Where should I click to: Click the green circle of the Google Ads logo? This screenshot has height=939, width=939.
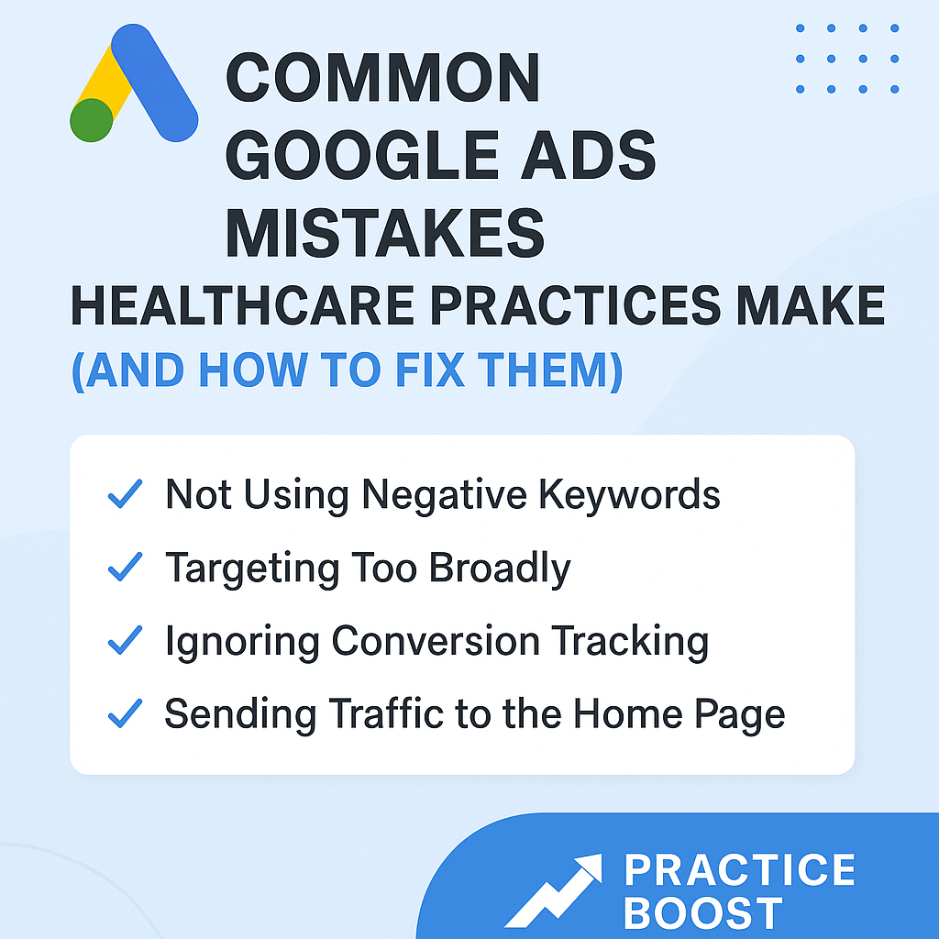[92, 120]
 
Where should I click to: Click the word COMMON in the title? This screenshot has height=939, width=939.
[382, 79]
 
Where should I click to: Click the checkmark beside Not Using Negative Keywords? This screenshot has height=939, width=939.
[125, 495]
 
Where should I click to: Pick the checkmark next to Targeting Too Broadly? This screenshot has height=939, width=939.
[125, 569]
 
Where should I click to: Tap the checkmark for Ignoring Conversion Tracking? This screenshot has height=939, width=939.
[125, 641]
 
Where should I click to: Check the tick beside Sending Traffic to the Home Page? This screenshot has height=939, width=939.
[125, 713]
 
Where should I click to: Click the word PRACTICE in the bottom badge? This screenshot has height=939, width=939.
[738, 869]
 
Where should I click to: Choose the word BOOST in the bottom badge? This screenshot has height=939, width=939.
[703, 913]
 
